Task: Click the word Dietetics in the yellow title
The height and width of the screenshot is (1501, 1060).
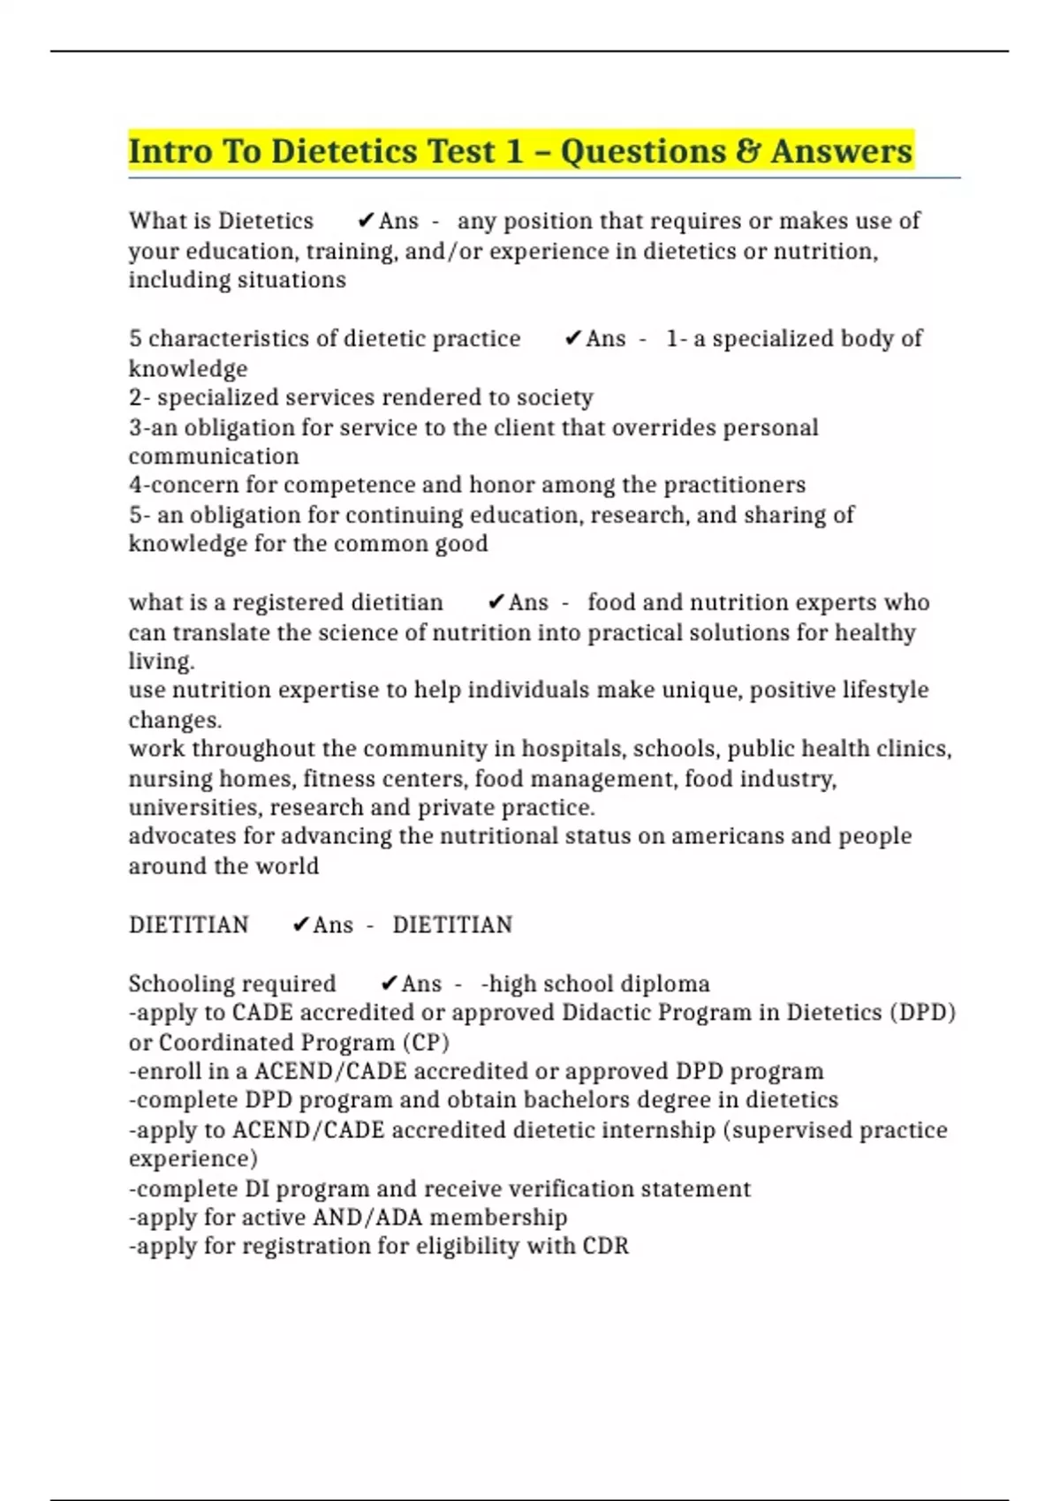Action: tap(344, 151)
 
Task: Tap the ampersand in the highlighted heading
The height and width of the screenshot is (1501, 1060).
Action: tap(747, 151)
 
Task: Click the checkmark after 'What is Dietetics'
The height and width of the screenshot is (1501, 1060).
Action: tap(366, 221)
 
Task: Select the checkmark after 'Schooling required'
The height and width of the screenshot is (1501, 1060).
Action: tap(389, 984)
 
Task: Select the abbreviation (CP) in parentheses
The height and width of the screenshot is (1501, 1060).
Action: tap(426, 1042)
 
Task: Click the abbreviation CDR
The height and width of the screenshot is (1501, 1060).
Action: tap(605, 1246)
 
